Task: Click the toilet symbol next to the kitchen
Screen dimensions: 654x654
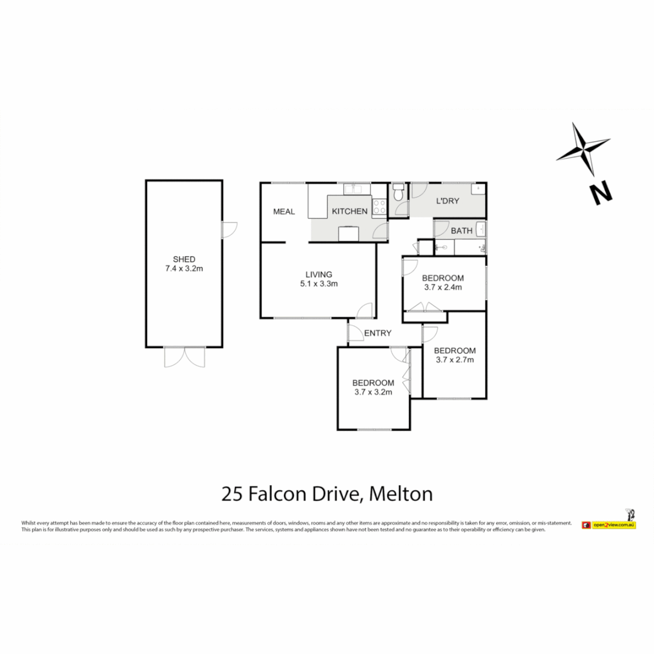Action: point(397,193)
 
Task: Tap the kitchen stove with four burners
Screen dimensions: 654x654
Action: point(379,207)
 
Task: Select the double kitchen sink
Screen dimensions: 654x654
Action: point(353,190)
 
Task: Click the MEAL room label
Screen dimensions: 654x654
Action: point(284,211)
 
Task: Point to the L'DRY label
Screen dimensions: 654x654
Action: point(448,200)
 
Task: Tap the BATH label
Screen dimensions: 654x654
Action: point(461,231)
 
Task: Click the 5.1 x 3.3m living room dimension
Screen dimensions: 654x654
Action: point(319,283)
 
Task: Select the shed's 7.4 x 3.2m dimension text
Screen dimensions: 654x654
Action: point(183,269)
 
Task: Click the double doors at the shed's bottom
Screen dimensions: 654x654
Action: point(184,357)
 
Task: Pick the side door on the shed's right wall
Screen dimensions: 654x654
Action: point(229,229)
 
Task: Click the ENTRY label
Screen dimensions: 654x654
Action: point(378,333)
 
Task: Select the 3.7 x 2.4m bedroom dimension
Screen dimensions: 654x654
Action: point(443,288)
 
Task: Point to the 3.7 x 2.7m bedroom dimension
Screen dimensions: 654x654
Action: point(455,360)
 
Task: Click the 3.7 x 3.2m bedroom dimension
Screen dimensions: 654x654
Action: point(373,392)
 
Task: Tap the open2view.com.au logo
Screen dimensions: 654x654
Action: point(608,524)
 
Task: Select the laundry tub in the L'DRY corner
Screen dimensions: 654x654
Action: point(479,190)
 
